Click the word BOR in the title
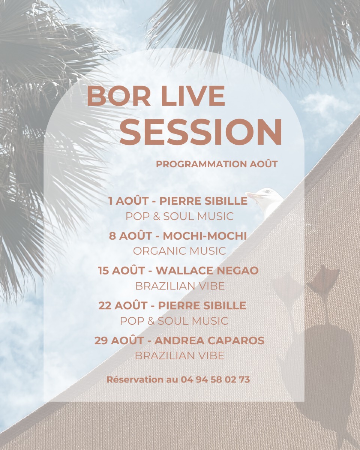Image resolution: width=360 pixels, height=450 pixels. point(118,96)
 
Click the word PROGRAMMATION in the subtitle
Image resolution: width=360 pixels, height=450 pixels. point(201,164)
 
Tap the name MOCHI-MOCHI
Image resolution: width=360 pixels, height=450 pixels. point(205,236)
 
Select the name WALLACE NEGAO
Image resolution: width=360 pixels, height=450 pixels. point(207,271)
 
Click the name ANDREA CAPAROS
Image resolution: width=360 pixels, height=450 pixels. point(209,340)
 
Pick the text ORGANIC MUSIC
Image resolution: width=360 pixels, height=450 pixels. point(180,251)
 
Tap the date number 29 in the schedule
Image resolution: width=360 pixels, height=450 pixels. point(101,340)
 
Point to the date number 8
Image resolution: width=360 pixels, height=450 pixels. point(112,236)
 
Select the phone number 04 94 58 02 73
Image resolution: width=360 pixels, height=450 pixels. point(215,379)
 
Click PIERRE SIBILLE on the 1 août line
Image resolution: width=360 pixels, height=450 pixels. point(203,201)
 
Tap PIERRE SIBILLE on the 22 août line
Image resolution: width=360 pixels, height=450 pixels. point(202,306)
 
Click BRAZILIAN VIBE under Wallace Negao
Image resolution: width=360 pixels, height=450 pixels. point(180,286)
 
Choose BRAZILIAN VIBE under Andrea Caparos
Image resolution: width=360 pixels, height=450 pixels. point(180,355)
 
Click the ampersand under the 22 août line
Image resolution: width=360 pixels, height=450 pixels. point(151,321)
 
